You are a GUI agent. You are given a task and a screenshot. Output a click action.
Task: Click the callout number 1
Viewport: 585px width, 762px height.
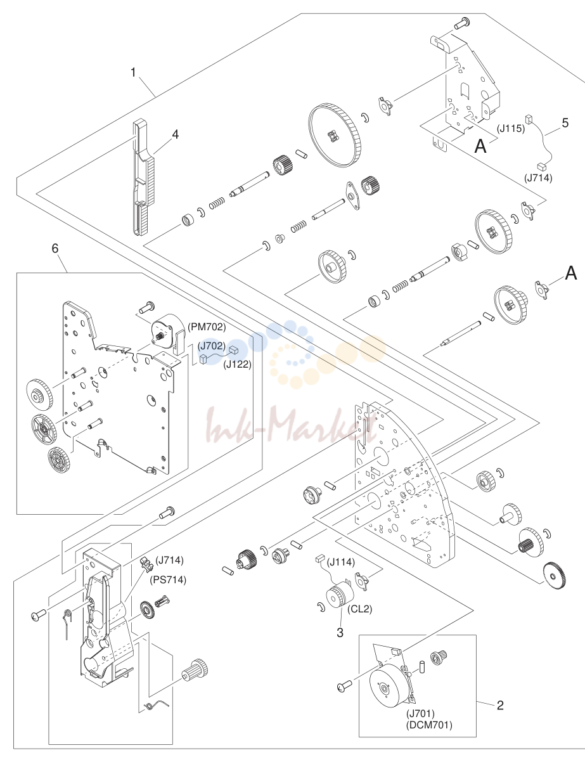click(x=133, y=73)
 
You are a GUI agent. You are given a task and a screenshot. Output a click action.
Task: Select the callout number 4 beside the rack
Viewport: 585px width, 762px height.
click(x=176, y=134)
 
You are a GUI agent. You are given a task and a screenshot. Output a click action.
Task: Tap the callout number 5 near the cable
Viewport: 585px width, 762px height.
click(x=565, y=123)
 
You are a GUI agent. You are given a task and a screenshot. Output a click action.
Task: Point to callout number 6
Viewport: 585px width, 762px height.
click(x=55, y=249)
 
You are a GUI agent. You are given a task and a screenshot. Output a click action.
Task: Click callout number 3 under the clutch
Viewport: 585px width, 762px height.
click(x=340, y=633)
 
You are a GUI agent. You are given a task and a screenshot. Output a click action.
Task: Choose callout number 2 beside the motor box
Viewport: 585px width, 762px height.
click(x=500, y=705)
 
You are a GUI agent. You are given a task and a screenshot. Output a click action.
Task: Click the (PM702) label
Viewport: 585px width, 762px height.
click(x=207, y=327)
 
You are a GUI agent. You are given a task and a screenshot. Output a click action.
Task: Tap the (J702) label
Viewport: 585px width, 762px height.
click(x=211, y=346)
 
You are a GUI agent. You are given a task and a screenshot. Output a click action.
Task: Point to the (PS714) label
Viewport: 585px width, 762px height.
click(x=168, y=580)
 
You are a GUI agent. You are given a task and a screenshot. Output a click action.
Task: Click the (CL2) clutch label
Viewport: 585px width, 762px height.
click(x=359, y=609)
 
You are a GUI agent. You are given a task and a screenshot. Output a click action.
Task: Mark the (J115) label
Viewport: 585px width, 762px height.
click(x=511, y=129)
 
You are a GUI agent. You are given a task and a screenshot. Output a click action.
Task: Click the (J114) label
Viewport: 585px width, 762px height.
click(x=341, y=562)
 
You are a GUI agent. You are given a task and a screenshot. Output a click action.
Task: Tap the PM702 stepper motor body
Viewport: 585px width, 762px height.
click(x=165, y=331)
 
